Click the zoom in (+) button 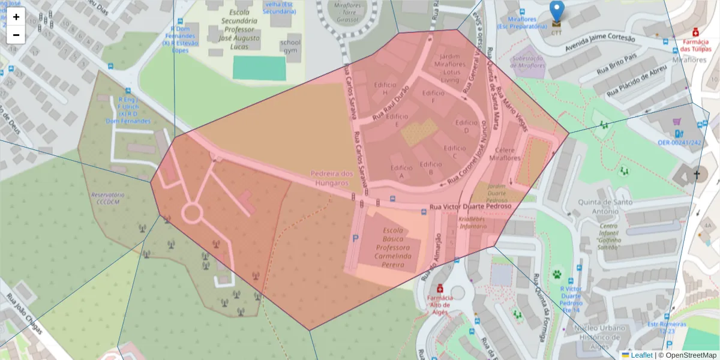(16, 17)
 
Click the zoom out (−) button (16, 35)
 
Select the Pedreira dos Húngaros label (332, 178)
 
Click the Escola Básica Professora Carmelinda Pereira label (393, 248)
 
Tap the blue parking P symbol (355, 239)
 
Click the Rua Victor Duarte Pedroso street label (470, 206)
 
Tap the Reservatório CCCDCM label (107, 199)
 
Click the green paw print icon (557, 275)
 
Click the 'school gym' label (290, 47)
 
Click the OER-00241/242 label (679, 143)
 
